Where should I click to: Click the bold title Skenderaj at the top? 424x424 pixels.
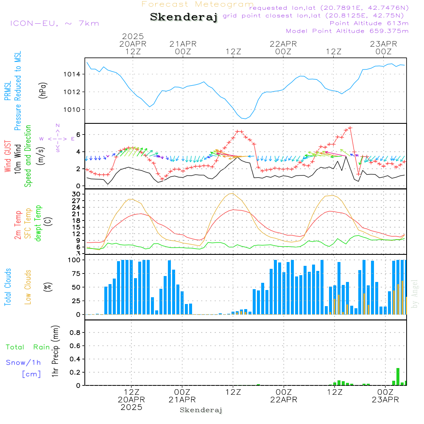[x=184, y=17]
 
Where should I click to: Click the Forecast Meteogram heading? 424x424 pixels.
[x=198, y=5]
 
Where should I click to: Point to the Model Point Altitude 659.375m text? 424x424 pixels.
[x=347, y=31]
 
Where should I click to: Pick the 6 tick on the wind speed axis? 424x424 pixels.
[x=78, y=135]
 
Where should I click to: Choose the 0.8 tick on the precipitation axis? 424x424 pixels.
[x=75, y=333]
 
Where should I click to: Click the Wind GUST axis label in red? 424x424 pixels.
[x=8, y=157]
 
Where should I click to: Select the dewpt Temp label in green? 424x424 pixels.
[x=38, y=223]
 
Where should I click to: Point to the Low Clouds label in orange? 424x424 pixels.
[x=28, y=287]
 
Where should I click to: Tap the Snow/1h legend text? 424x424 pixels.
[x=24, y=363]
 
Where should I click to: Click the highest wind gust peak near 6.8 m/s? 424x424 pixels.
[x=350, y=128]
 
